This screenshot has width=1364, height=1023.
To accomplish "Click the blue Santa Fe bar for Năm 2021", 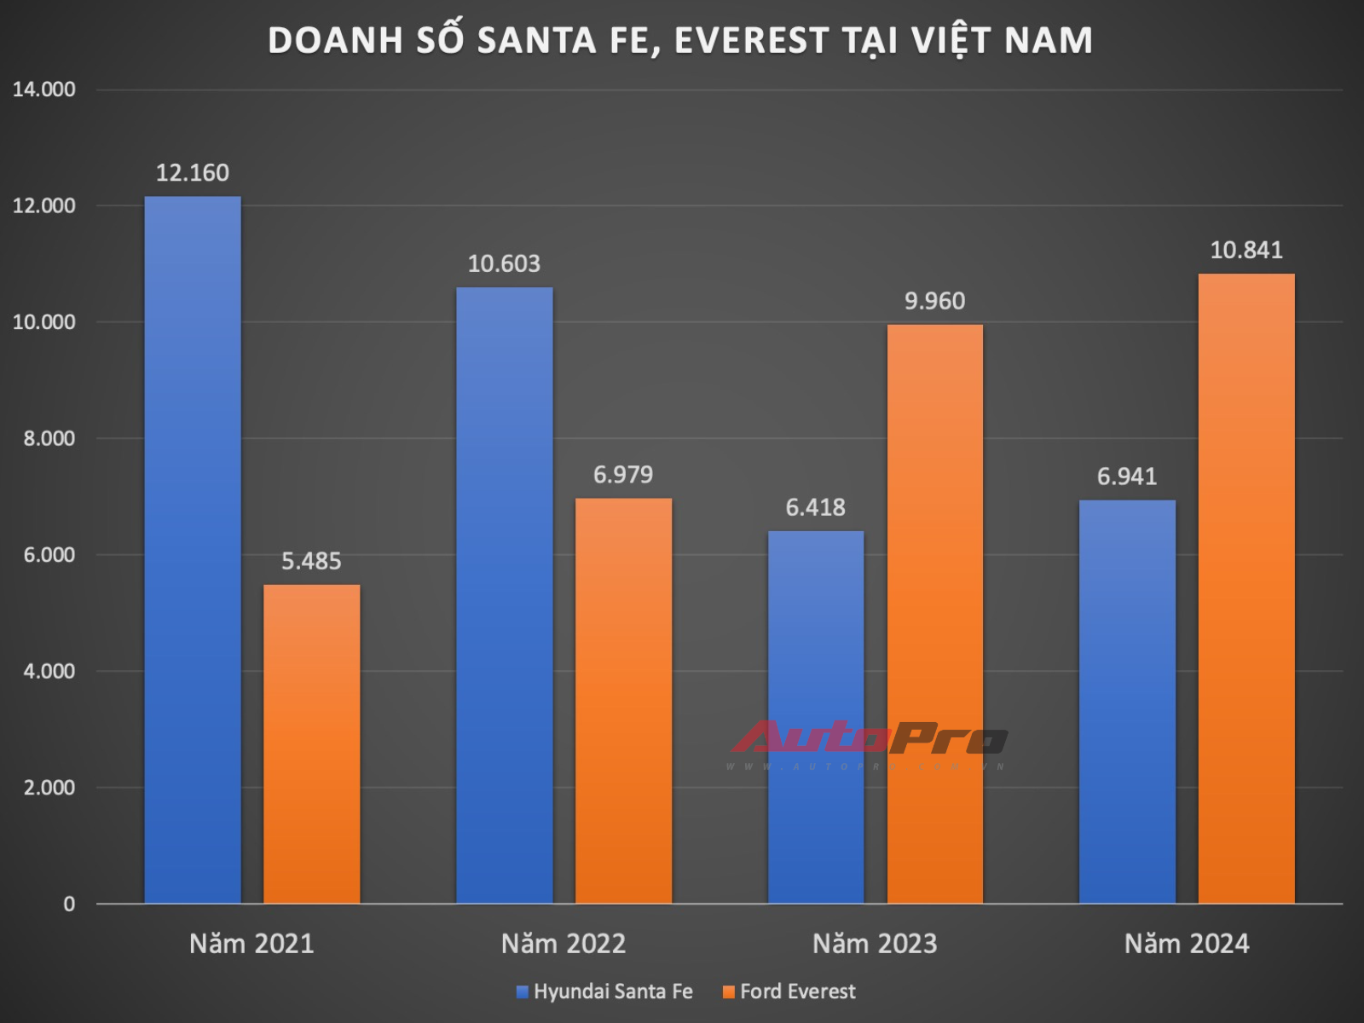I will tap(193, 550).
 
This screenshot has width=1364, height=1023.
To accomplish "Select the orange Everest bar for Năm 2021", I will tap(311, 743).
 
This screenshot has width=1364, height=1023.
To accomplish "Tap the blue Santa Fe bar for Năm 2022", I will tap(504, 595).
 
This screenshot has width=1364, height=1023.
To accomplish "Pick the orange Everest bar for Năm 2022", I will tap(623, 701).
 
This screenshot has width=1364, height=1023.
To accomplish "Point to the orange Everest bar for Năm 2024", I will tap(1246, 588).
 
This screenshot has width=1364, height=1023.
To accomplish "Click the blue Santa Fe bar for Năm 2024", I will tap(1127, 702).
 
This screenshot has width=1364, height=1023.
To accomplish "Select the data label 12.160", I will tap(193, 173).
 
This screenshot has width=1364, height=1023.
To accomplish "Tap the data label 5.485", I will tap(311, 561).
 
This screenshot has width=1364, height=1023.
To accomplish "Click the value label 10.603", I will tap(504, 263).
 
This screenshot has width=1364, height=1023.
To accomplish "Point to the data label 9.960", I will tap(934, 301).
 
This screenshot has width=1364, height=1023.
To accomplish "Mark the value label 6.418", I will tap(815, 507).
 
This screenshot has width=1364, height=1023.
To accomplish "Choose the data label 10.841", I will tap(1246, 250).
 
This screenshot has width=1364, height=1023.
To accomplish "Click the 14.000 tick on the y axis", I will tap(43, 90).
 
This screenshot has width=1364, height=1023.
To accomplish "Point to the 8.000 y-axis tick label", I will tap(49, 438).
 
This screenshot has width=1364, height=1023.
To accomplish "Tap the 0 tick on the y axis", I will tap(69, 904).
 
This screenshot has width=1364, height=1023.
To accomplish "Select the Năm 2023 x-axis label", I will tap(875, 944).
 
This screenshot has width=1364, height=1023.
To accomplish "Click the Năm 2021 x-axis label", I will tap(251, 944).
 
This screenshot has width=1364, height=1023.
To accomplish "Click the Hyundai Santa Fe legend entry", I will tap(604, 991).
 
